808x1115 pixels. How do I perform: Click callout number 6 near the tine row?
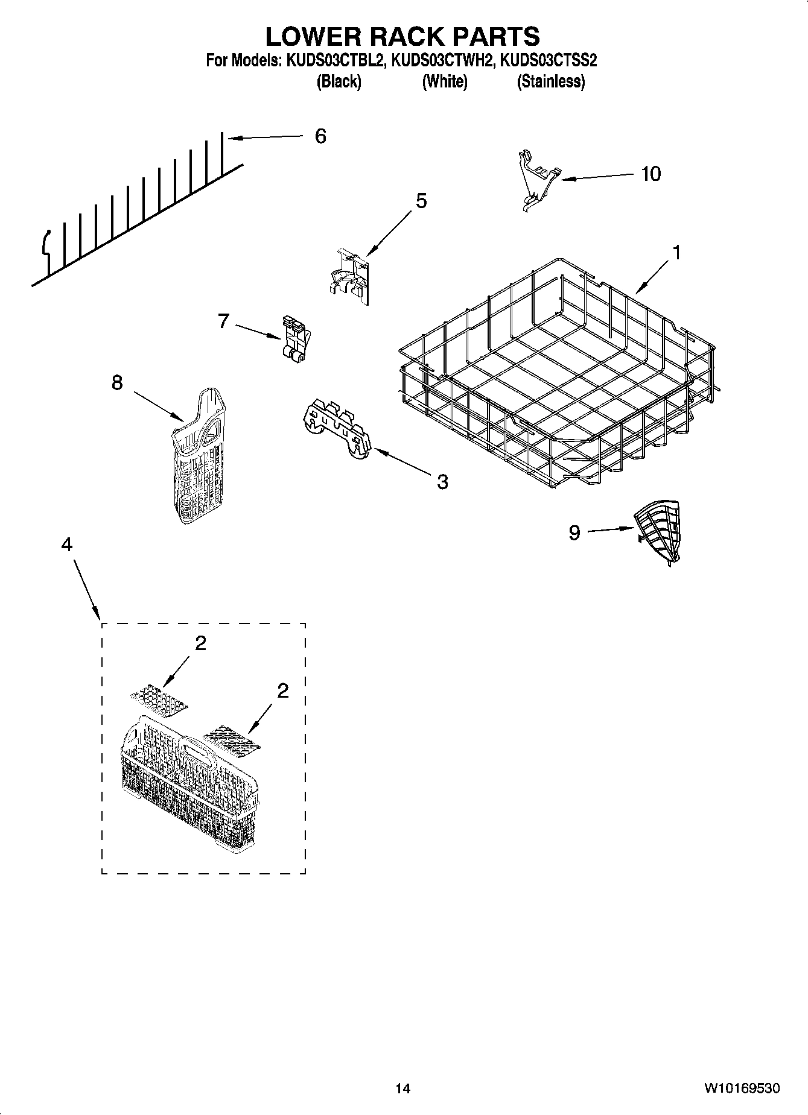point(320,136)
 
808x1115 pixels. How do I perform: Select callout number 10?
point(651,174)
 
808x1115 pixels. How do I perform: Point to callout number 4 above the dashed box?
point(66,545)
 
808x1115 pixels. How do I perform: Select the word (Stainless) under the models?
point(550,81)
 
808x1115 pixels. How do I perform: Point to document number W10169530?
point(742,1088)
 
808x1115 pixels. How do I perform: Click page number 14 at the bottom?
point(402,1088)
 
